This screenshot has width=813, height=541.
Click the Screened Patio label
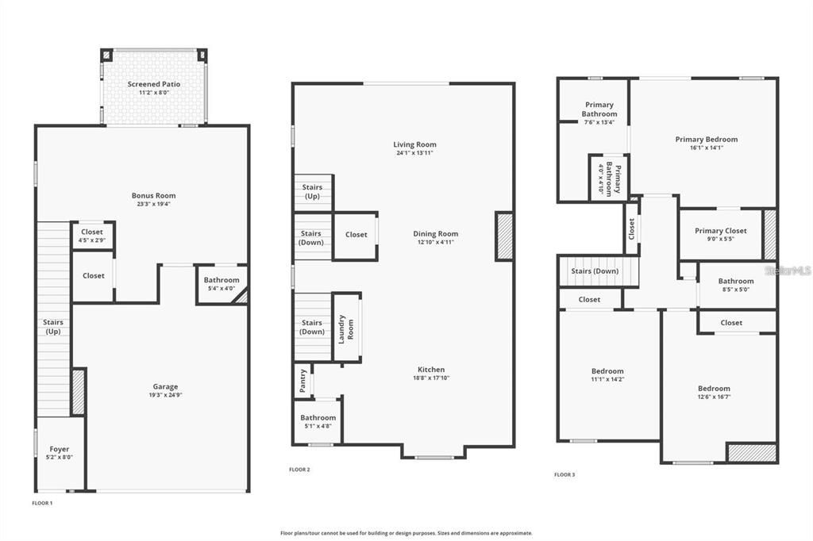click(x=154, y=84)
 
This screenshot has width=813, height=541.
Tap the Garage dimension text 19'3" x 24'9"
click(x=165, y=395)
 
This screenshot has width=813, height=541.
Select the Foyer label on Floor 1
click(x=60, y=449)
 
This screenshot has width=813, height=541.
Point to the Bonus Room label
click(x=153, y=195)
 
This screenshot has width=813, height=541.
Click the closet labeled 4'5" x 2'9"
click(x=92, y=236)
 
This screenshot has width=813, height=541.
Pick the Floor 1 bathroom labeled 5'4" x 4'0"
click(x=221, y=283)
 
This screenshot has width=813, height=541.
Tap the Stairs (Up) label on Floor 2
click(x=312, y=191)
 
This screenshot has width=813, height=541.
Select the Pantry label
click(x=302, y=381)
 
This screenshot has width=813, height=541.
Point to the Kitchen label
click(x=431, y=370)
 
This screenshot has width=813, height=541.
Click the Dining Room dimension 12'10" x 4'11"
click(x=436, y=242)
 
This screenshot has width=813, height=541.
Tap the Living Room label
click(x=415, y=144)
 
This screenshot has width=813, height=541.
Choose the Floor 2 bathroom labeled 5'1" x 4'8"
click(x=318, y=421)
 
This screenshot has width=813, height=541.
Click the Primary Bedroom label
click(x=706, y=140)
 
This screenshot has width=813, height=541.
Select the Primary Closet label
click(x=720, y=231)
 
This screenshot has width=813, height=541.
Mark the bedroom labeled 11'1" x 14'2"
click(x=607, y=374)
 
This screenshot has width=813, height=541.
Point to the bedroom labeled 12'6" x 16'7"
click(x=714, y=392)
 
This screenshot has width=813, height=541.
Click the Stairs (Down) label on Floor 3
click(x=595, y=271)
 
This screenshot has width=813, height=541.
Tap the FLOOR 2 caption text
click(x=299, y=470)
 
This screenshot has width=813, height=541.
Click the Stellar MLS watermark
click(x=788, y=270)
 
